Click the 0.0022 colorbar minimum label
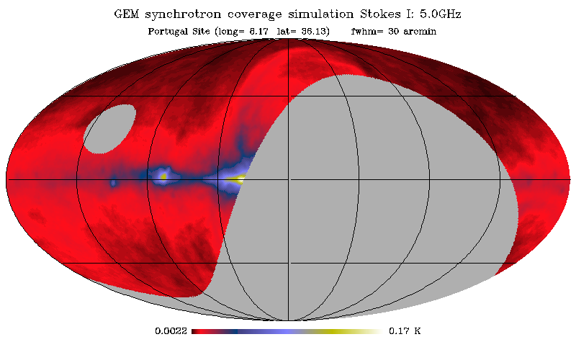pos(170,332)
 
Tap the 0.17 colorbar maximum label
pos(399,332)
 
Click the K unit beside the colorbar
pos(418,332)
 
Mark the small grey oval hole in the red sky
pos(109,129)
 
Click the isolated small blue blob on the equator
pos(113,184)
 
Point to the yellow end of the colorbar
pos(346,332)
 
